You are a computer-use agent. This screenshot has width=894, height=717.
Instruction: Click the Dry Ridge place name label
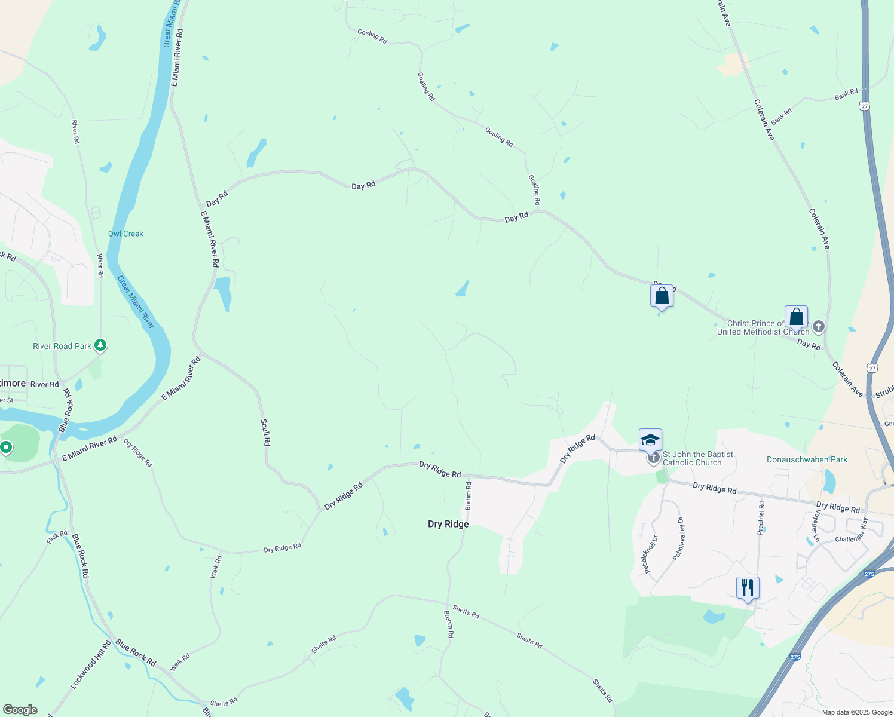tap(448, 524)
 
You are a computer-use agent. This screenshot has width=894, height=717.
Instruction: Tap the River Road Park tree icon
tap(101, 345)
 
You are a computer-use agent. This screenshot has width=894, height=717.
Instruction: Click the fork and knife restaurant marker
tap(748, 588)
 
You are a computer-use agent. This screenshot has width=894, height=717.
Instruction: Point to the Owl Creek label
tap(125, 234)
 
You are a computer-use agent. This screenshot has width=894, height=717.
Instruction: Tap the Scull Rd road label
tap(265, 433)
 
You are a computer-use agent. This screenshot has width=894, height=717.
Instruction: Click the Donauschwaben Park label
tap(807, 459)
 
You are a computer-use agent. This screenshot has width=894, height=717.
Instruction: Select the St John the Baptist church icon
tap(654, 458)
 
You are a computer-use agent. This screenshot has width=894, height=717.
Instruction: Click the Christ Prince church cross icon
tap(819, 327)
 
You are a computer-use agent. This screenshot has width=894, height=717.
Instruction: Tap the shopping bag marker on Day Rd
tap(662, 296)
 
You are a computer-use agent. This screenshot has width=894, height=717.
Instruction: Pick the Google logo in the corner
tap(20, 710)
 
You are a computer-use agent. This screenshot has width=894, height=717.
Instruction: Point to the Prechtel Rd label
tap(761, 517)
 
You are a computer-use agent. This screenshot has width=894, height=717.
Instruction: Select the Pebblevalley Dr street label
tap(678, 538)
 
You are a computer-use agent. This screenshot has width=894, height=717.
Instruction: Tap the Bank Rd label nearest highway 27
tap(846, 94)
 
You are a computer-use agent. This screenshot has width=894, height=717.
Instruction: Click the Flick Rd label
tap(57, 537)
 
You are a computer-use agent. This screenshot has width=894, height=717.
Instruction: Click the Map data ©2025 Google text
tap(857, 712)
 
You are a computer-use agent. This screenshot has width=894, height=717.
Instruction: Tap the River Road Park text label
tap(62, 346)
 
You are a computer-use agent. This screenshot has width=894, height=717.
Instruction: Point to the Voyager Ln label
tap(815, 526)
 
